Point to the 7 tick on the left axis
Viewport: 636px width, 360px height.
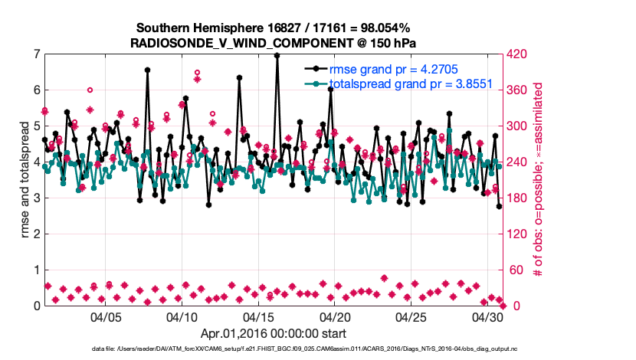(36, 54)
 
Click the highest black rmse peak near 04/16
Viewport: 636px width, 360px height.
(277, 56)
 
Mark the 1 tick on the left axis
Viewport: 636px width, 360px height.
(36, 270)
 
